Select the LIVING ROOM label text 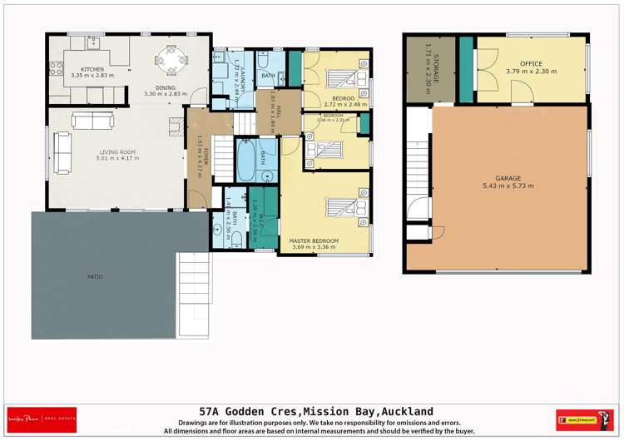(x=117, y=151)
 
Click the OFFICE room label (x=531, y=63)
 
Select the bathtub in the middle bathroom (x=247, y=161)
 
